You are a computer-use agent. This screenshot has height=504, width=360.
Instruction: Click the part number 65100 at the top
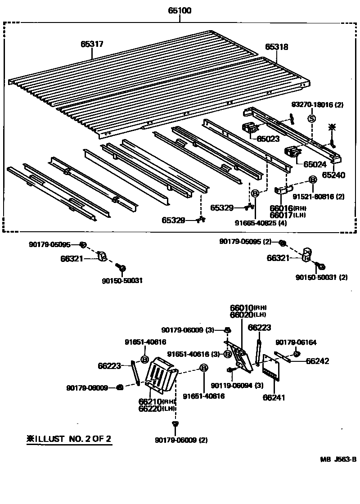180,10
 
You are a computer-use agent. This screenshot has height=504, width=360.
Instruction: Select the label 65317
92,44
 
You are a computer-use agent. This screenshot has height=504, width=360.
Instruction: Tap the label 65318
276,47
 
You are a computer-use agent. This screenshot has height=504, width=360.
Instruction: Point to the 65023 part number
269,139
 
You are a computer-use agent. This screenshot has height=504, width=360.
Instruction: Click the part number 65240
333,175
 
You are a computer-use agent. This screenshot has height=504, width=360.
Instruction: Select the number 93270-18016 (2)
317,105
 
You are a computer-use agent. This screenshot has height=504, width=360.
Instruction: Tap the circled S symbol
311,118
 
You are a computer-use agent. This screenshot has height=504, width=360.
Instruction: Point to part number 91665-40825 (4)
255,222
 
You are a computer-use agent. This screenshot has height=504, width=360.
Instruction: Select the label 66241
274,397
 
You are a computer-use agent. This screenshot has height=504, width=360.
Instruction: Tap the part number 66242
318,360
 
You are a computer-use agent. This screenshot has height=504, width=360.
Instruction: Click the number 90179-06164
296,342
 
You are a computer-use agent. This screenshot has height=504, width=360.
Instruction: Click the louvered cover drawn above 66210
162,373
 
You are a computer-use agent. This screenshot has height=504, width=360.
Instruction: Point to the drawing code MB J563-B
338,459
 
